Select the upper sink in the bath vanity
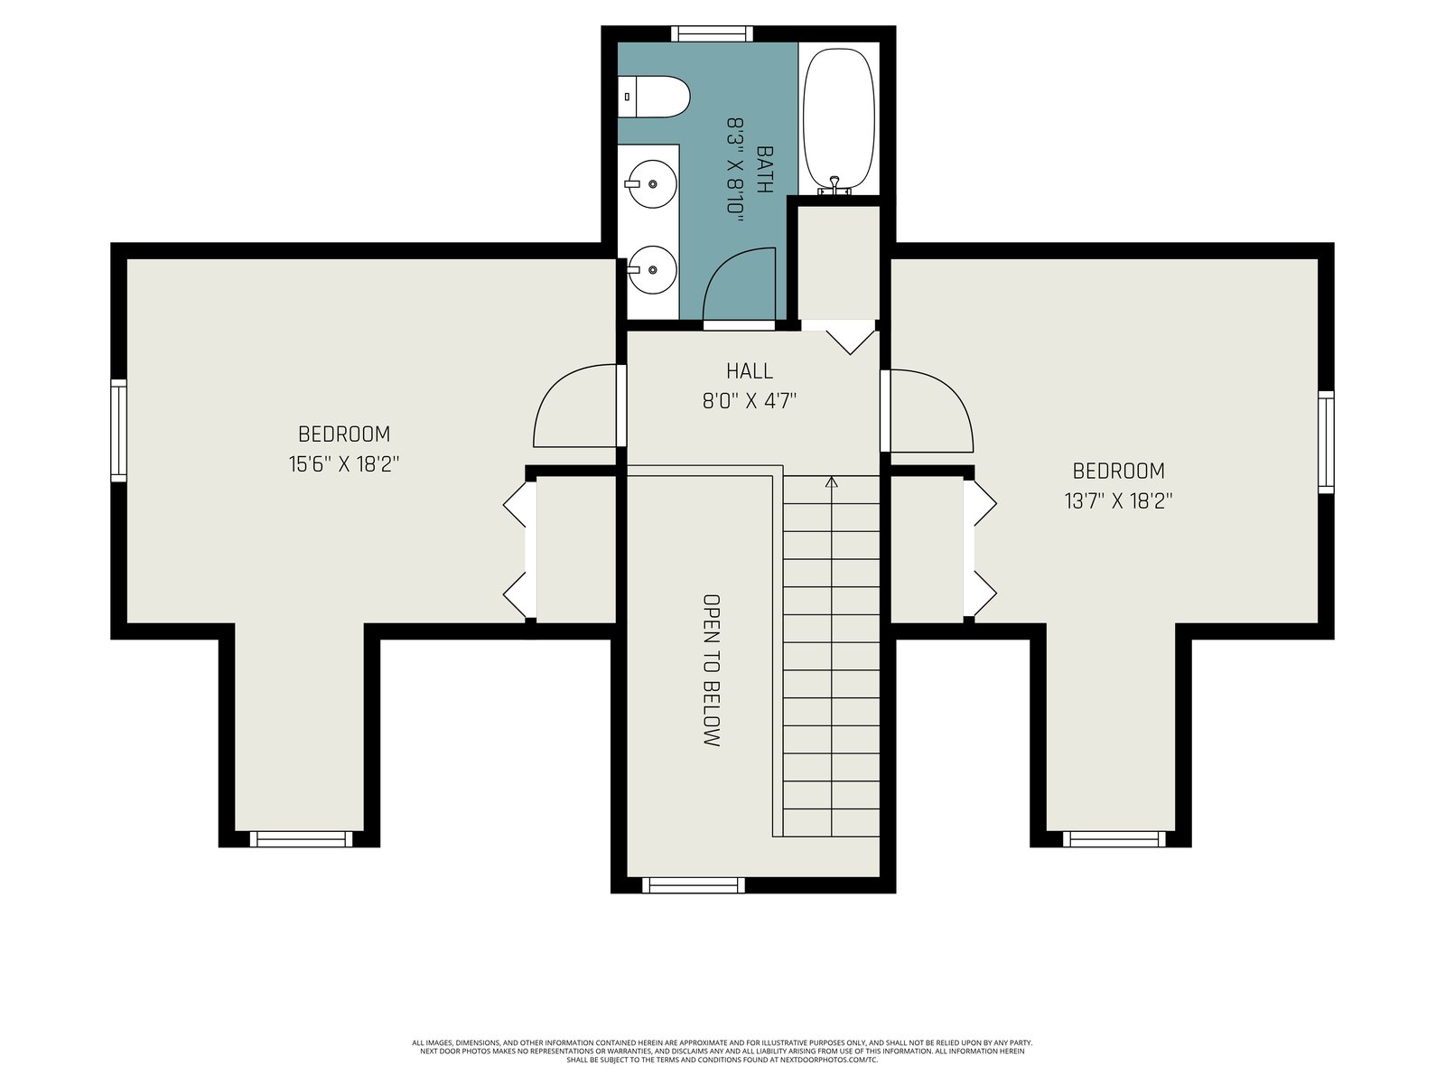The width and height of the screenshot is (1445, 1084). click(x=650, y=183)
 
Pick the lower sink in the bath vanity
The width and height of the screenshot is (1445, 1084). click(x=650, y=270)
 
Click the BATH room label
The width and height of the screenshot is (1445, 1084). click(x=764, y=169)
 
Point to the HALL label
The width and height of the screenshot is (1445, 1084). click(x=750, y=371)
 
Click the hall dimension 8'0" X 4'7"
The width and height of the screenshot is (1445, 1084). click(x=750, y=401)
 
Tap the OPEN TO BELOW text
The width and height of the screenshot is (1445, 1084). click(x=712, y=670)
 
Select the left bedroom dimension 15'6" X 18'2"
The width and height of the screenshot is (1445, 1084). click(x=344, y=464)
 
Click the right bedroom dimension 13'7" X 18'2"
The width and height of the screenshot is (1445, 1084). click(x=1118, y=501)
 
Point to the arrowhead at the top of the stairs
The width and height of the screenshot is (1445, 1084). click(x=832, y=481)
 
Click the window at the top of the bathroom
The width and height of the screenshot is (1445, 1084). click(x=711, y=33)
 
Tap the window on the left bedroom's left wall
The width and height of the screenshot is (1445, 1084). click(x=118, y=431)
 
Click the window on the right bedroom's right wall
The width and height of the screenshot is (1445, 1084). click(x=1326, y=443)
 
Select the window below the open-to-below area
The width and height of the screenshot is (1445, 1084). click(x=694, y=884)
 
